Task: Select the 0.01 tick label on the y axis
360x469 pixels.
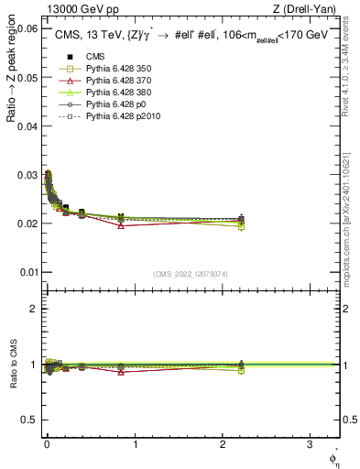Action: point(27,272)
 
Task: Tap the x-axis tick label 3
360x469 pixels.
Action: point(311,444)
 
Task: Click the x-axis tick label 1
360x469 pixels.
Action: point(136,444)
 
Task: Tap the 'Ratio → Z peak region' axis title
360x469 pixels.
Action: point(13,101)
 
